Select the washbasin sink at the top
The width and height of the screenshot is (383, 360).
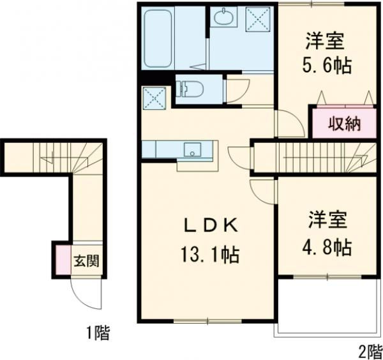[223, 18]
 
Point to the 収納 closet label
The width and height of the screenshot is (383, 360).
[344, 124]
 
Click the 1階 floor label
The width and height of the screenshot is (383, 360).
[98, 332]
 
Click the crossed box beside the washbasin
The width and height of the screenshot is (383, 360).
[258, 17]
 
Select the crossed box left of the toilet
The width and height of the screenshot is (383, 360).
[154, 98]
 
